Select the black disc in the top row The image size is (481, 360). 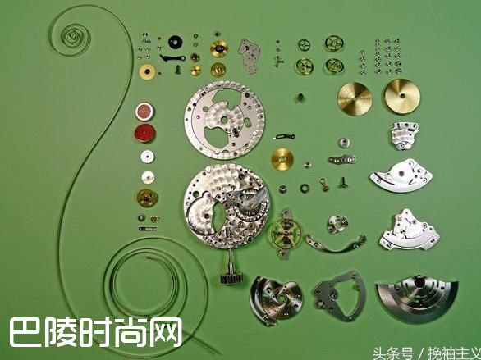point(174,41)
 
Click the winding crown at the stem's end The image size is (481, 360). point(228,277)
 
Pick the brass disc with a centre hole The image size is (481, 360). point(355,98)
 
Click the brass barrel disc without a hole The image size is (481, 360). point(401,96)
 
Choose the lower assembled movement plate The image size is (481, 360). point(225,209)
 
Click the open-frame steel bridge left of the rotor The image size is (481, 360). point(337,292)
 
